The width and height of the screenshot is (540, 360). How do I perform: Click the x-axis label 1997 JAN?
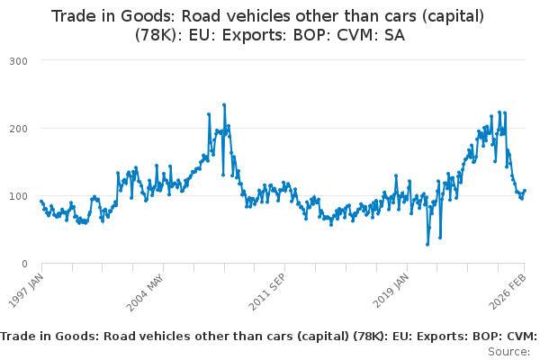point(28,290)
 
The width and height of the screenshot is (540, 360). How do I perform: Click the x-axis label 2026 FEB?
point(511,290)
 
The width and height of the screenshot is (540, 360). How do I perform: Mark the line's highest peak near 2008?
point(224,104)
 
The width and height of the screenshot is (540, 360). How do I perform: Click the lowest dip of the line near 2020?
point(427,244)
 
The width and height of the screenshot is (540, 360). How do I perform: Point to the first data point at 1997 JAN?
point(41,201)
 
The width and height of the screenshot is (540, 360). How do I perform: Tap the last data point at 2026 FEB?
point(525,190)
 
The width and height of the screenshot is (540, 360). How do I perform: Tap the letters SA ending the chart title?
point(393,36)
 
